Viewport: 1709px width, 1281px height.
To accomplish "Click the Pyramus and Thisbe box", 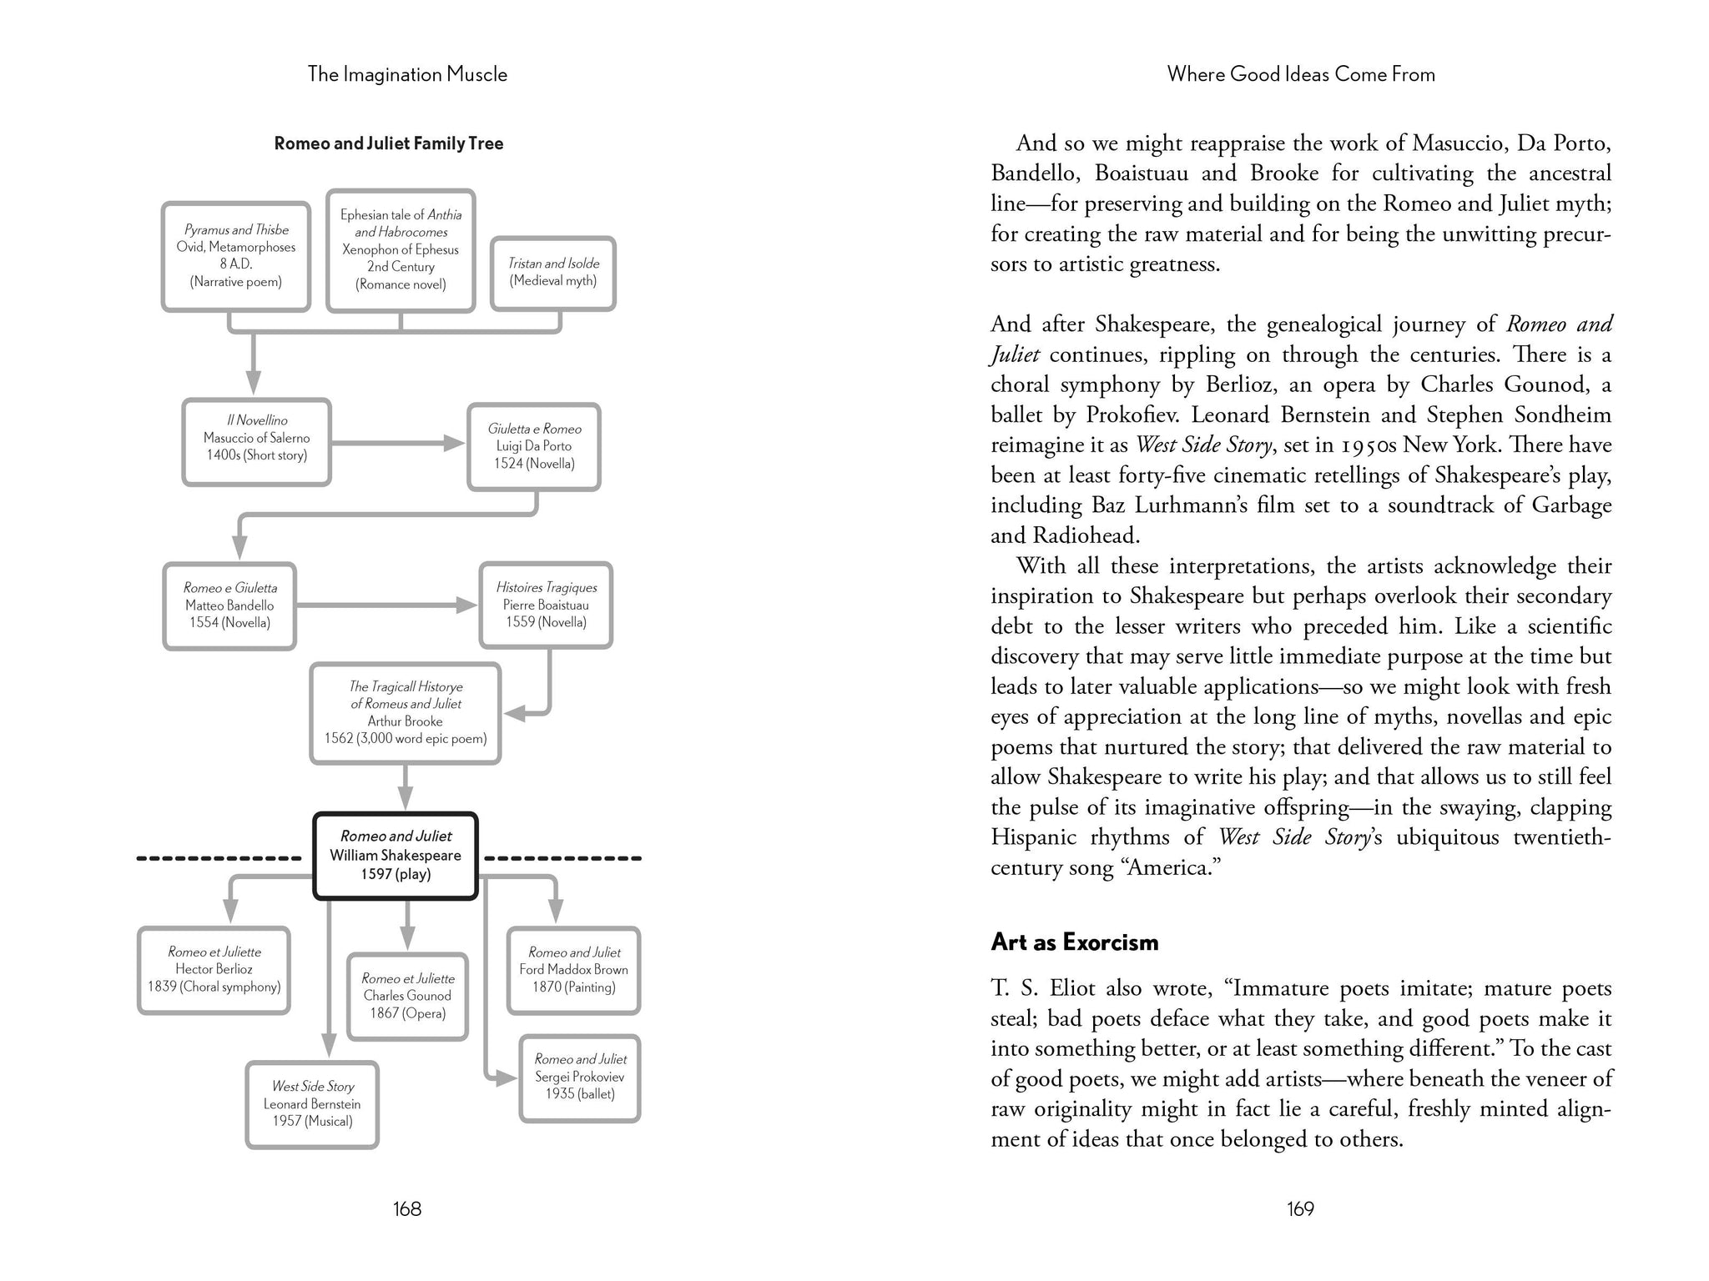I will point(236,256).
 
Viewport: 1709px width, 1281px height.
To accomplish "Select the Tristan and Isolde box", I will point(553,273).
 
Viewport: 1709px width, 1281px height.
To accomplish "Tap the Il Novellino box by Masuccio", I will point(257,441).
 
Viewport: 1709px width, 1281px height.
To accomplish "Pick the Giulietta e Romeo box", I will point(534,446).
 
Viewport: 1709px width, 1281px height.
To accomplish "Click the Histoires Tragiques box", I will point(546,605).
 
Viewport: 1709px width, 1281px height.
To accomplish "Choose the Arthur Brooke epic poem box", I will point(406,713).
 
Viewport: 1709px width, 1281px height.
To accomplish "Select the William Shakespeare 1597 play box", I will point(396,856).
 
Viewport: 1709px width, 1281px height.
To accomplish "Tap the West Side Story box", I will point(312,1104).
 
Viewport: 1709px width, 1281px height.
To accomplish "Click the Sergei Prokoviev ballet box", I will point(580,1078).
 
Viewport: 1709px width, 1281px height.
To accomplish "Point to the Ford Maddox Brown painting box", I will point(574,970).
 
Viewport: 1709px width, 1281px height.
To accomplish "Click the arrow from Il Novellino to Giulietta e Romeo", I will point(399,443).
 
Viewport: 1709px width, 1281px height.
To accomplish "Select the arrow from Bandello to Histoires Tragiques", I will point(387,605).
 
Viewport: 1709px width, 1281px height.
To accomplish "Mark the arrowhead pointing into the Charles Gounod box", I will point(406,939).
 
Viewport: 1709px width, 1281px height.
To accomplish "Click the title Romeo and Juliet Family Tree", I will point(389,143).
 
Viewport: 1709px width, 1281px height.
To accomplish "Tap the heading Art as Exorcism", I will point(1075,942).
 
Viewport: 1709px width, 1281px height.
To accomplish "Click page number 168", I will point(407,1208).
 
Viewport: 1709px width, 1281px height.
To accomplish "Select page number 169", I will point(1300,1208).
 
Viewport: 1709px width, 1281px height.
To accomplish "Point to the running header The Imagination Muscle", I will point(407,74).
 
